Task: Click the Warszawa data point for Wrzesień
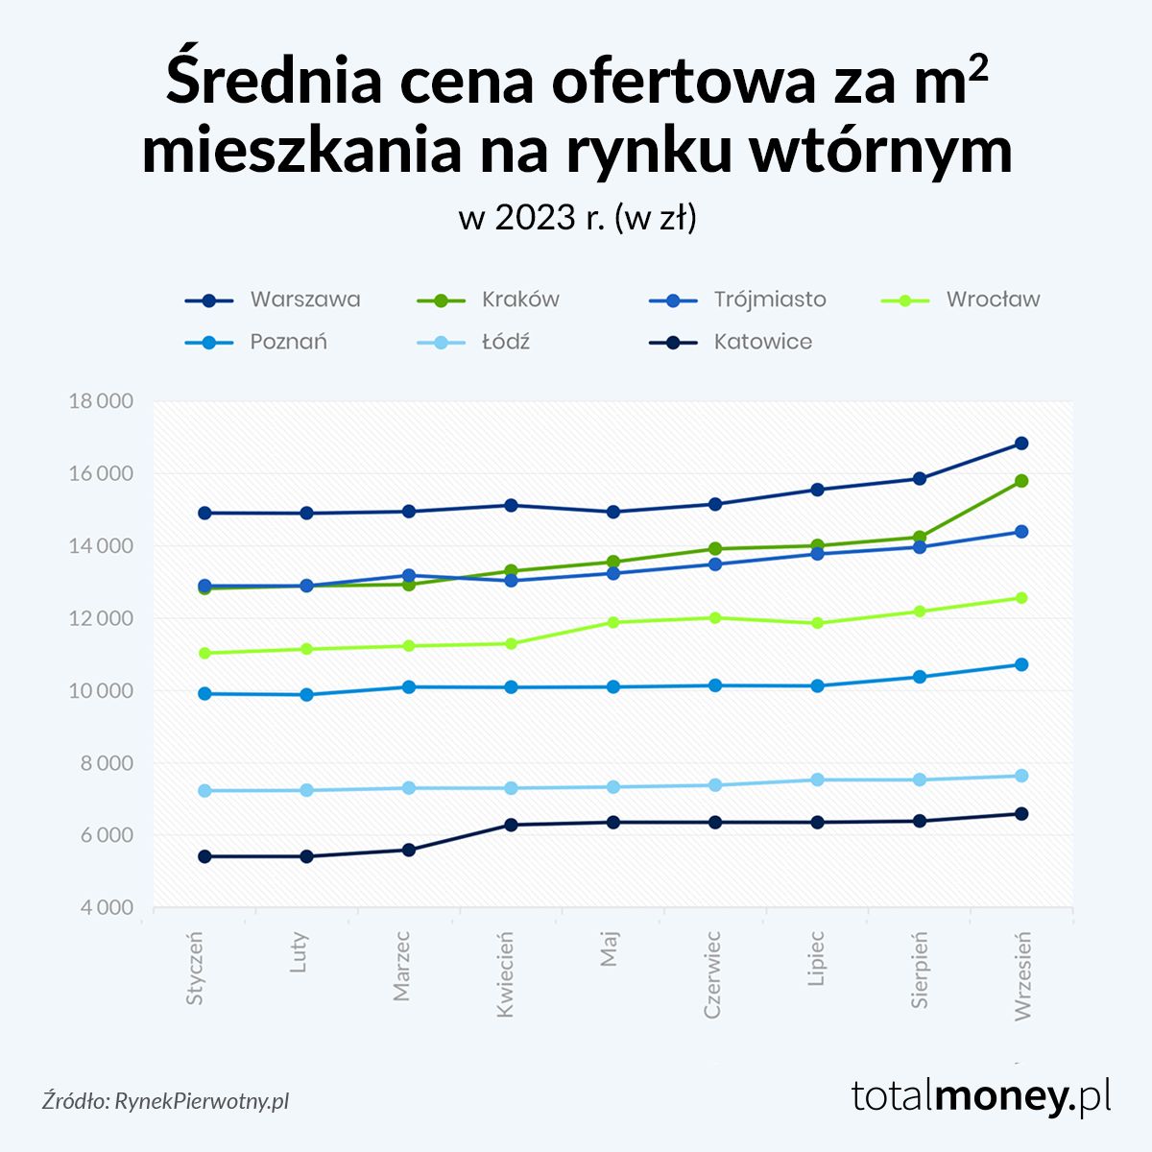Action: pos(1021,444)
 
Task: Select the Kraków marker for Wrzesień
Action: pos(1021,481)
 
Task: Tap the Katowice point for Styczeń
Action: pos(204,856)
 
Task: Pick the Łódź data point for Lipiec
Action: pos(817,780)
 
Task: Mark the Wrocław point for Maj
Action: pos(613,622)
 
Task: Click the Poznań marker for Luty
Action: pos(306,695)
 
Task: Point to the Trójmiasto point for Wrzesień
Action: pos(1021,532)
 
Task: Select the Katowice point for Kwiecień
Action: pos(511,825)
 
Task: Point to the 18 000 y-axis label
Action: pos(101,401)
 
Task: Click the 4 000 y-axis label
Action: pos(101,907)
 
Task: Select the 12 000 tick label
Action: pos(101,618)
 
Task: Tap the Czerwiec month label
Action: pos(712,973)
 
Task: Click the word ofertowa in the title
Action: pos(677,82)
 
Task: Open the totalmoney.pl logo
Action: pos(981,1095)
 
